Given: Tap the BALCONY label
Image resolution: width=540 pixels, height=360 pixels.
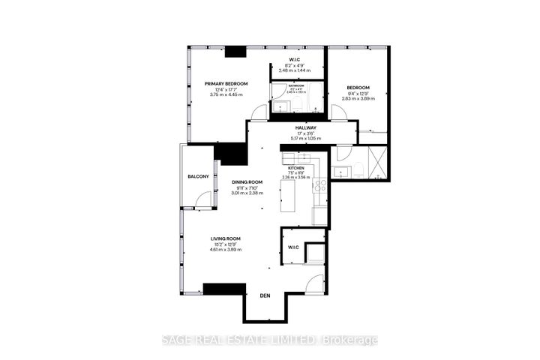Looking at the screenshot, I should (198, 176).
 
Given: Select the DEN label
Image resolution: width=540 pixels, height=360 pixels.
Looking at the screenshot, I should (264, 295).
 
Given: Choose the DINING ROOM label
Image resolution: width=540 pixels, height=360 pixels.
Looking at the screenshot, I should (246, 182).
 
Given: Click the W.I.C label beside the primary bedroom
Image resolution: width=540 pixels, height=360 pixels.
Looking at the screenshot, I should (297, 59).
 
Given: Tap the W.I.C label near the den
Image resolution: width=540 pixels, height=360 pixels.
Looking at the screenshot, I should (293, 247).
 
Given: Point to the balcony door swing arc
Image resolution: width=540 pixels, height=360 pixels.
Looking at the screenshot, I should (201, 202).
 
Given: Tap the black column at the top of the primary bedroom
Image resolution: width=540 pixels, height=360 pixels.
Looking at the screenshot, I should (236, 52).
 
